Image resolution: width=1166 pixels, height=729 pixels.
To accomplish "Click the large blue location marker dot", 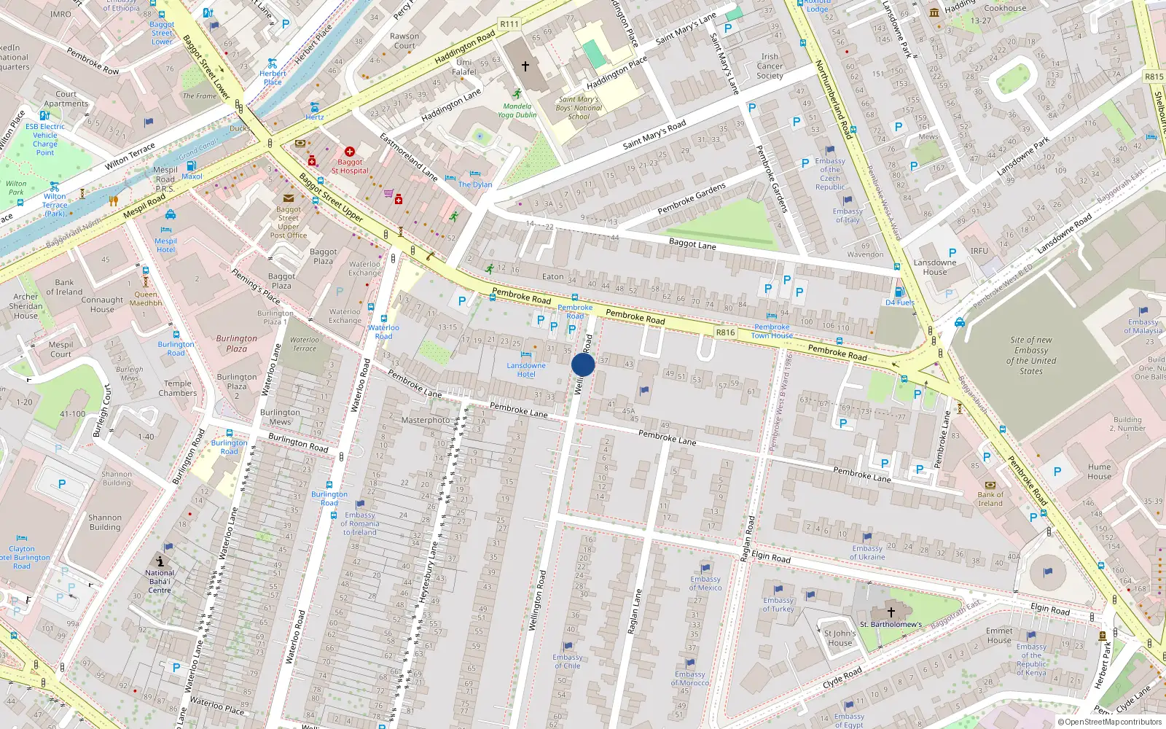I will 583,364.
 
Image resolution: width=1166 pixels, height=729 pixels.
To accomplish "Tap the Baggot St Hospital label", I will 350,166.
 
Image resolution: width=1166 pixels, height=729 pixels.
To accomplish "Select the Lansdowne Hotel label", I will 526,370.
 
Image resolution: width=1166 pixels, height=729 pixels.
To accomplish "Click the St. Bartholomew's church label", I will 891,624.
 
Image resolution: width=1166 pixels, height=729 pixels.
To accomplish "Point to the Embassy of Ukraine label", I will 867,553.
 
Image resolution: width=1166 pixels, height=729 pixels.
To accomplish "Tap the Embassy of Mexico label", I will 705,583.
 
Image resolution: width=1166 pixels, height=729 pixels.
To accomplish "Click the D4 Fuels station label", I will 899,302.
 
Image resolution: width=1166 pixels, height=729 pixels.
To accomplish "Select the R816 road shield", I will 725,332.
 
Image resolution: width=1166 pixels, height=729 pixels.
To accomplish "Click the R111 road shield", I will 509,24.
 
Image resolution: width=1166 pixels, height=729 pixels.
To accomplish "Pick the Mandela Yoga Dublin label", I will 517,110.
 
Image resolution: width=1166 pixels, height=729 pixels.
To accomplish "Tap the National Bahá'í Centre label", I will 160,581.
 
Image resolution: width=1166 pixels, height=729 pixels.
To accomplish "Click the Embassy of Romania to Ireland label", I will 360,523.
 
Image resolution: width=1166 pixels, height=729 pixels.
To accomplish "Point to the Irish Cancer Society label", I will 770,66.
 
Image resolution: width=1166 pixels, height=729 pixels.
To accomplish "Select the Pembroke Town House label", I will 772,331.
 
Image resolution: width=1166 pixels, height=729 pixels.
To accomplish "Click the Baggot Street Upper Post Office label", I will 289,222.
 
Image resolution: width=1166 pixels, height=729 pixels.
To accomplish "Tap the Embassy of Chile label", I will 567,660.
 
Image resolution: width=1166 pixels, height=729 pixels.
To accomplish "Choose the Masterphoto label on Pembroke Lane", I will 426,420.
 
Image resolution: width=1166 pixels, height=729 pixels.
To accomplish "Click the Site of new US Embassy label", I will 1031,355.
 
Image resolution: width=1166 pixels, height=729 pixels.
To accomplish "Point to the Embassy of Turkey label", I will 778,604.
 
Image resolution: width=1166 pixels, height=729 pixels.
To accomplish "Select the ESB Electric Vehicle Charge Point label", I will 45,139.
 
